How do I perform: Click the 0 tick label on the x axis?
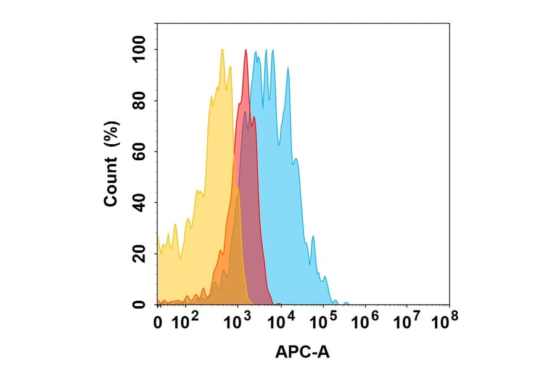click(158, 322)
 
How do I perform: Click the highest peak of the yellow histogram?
click(221, 50)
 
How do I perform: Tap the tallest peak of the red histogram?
click(246, 51)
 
